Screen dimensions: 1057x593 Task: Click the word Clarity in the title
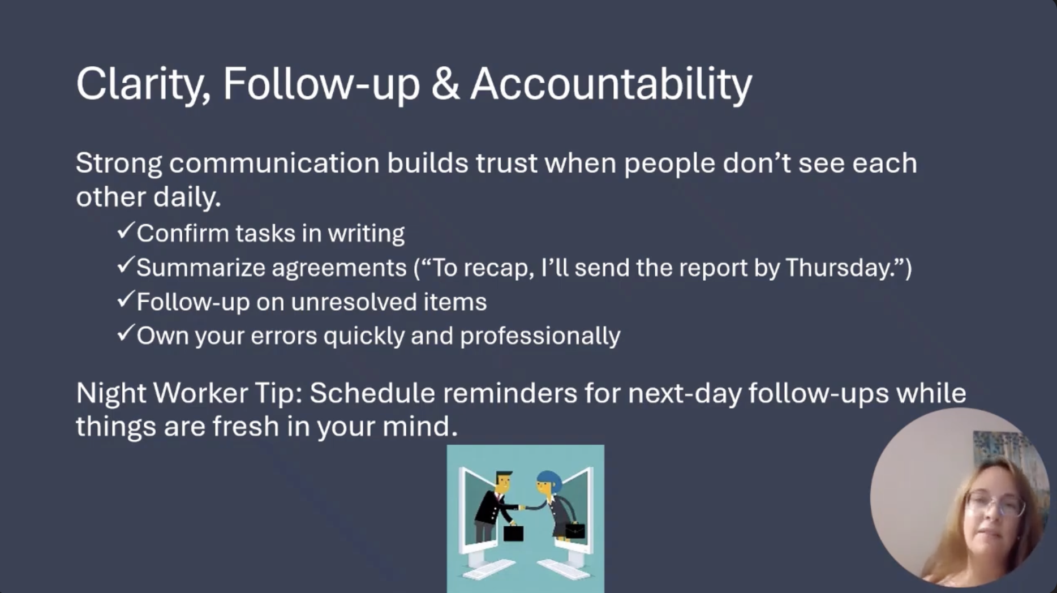144,84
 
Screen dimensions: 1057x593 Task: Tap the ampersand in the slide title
445,84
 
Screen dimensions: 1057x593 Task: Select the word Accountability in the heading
611,84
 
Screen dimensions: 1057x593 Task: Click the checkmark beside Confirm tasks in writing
125,231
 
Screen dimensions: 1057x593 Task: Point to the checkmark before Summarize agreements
125,265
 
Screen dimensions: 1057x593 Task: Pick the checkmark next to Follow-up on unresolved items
125,299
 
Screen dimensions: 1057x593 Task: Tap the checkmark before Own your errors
125,333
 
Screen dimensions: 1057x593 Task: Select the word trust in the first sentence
506,163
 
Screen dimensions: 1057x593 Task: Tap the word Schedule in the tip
372,393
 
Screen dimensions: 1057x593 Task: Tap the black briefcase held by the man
513,533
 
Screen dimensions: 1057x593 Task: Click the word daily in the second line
186,197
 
